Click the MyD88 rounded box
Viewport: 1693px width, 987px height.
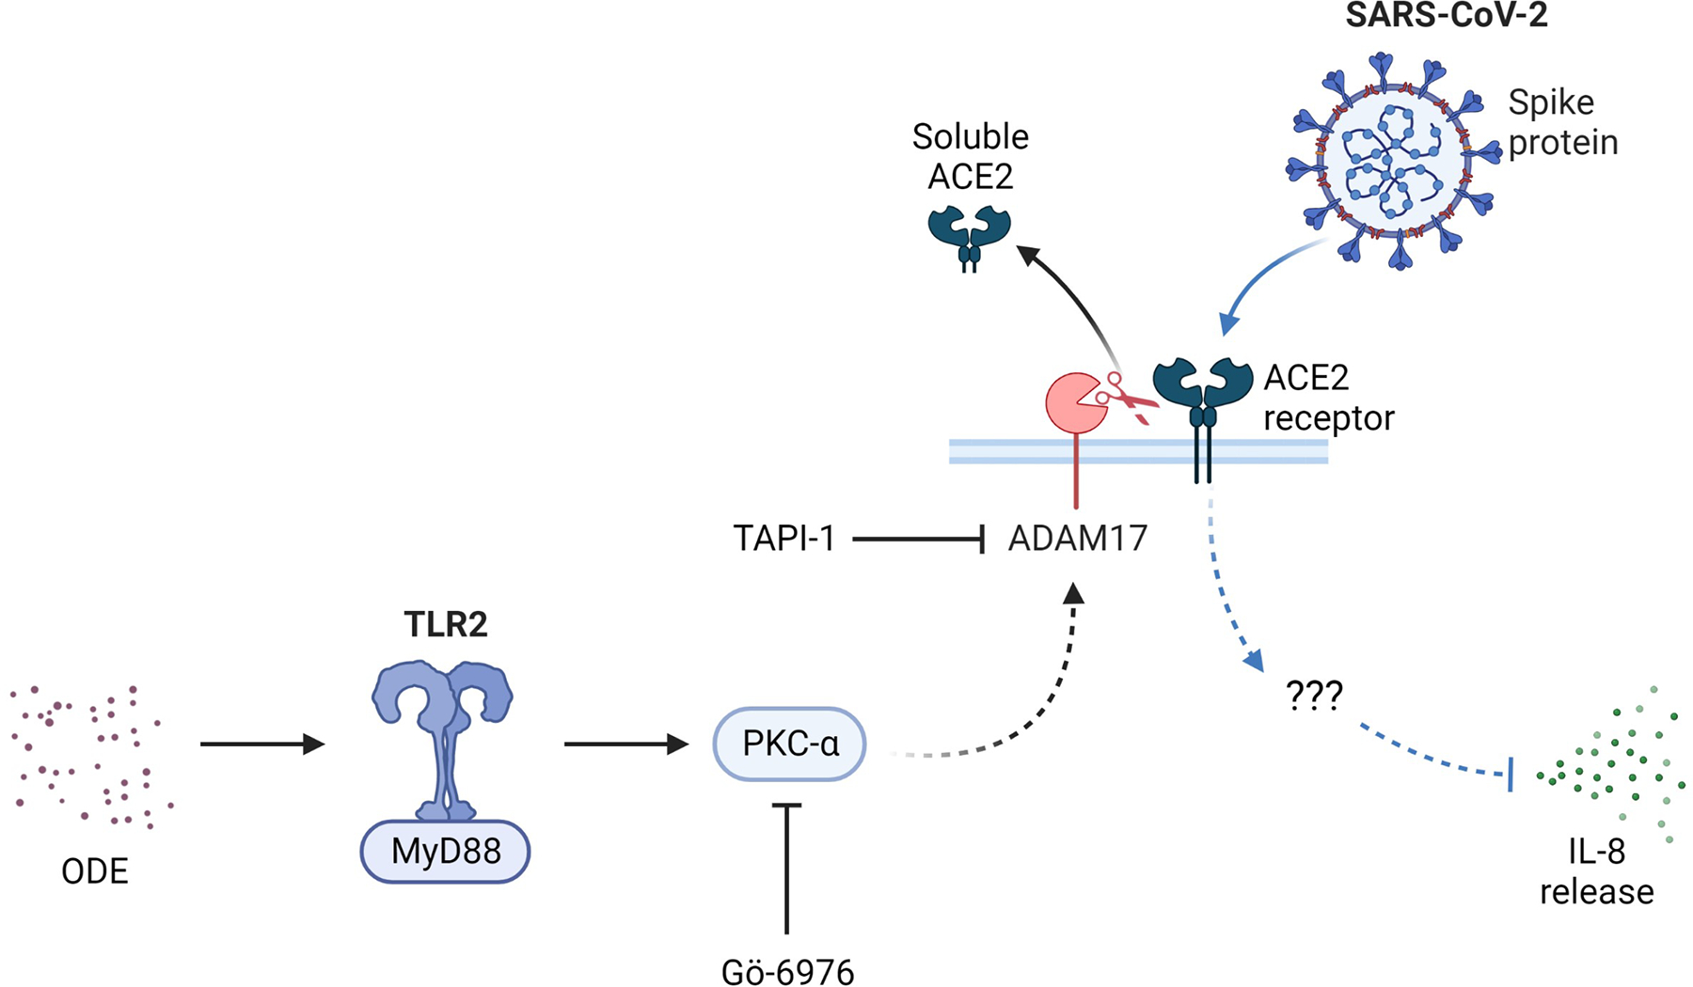[x=445, y=852]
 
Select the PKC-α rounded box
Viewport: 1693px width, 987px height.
[x=789, y=744]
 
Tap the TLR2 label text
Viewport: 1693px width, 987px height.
[x=446, y=624]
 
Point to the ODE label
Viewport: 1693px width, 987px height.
[x=94, y=871]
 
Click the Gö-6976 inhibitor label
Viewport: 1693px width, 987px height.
[x=787, y=970]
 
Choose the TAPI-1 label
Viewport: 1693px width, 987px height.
[x=784, y=539]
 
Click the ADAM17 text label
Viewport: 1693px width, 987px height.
[x=1078, y=539]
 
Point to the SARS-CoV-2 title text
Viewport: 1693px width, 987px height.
[x=1446, y=15]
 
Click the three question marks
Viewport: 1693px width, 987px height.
[x=1314, y=696]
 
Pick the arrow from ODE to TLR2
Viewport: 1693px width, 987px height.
[x=262, y=744]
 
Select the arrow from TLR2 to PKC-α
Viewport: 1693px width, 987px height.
[x=626, y=744]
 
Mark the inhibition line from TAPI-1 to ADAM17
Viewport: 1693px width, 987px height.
[x=918, y=540]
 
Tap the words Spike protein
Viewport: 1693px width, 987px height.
[x=1563, y=122]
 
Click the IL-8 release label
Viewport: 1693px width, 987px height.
[x=1596, y=871]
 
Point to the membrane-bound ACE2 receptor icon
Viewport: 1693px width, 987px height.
[x=1203, y=414]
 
